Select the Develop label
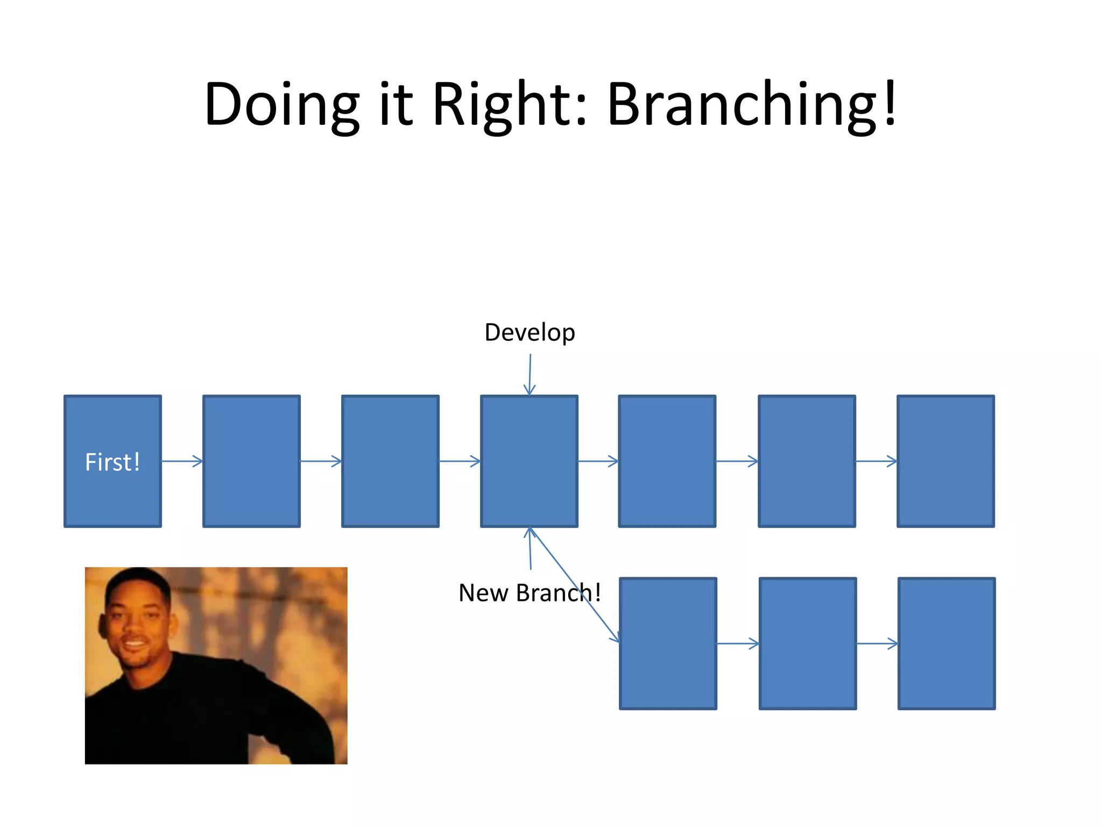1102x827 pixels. pyautogui.click(x=529, y=332)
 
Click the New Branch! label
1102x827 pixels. pyautogui.click(x=529, y=593)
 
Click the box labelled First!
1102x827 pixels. pyautogui.click(x=112, y=461)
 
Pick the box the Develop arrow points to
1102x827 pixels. pyautogui.click(x=529, y=461)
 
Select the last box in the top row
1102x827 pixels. pyautogui.click(x=945, y=461)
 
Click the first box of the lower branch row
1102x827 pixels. pyautogui.click(x=668, y=643)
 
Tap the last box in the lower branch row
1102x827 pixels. pyautogui.click(x=946, y=643)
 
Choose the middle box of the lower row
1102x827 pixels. pyautogui.click(x=807, y=643)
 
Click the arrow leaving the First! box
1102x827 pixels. pyautogui.click(x=182, y=461)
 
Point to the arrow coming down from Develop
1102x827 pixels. pyautogui.click(x=530, y=374)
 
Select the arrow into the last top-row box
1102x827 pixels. pyautogui.click(x=876, y=461)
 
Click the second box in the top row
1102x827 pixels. pyautogui.click(x=251, y=461)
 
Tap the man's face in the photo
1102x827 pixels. pyautogui.click(x=135, y=619)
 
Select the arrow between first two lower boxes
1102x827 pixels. pyautogui.click(x=738, y=643)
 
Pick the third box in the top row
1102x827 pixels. pyautogui.click(x=390, y=461)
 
